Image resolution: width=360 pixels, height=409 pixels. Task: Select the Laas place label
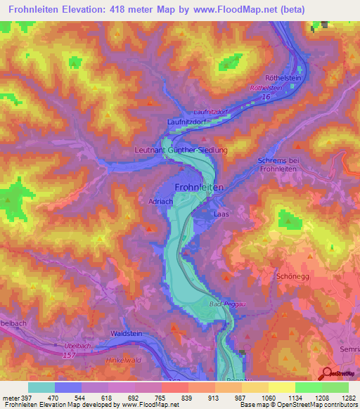220,212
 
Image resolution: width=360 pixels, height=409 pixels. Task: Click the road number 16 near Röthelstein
265,98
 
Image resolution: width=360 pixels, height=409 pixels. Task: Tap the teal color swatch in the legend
41,387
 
